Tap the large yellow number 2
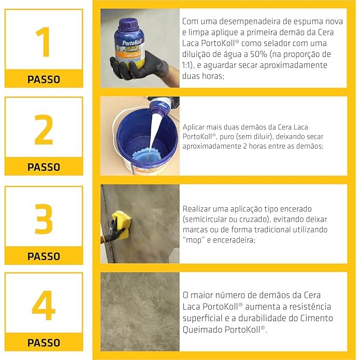[44, 129]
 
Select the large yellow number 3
[44, 219]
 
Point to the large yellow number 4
[44, 306]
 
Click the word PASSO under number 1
[44, 79]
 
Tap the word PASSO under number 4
[44, 343]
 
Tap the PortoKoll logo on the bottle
[132, 42]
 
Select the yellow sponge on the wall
[121, 225]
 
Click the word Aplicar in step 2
[193, 127]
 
